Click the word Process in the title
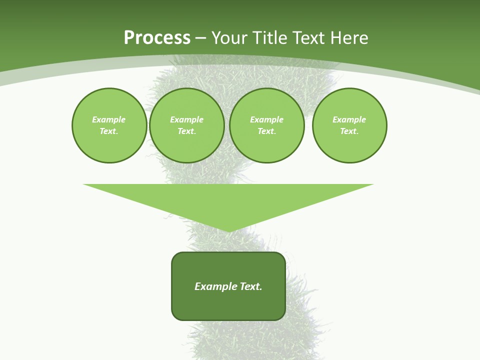157,38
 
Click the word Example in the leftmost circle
109,119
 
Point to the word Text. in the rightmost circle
349,131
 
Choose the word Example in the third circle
266,119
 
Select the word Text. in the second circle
186,131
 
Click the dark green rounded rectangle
228,305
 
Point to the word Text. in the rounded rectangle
251,286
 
